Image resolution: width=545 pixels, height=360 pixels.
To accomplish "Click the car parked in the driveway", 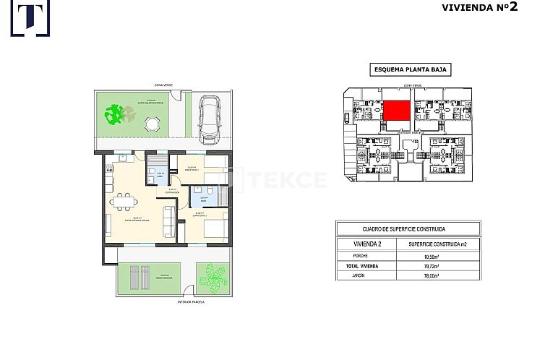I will click(210, 119).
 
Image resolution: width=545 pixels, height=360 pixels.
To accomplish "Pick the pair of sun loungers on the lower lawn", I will click(140, 276).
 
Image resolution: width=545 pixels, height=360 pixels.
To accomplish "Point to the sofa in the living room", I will click(169, 221).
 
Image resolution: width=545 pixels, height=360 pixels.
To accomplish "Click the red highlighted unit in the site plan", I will click(397, 111).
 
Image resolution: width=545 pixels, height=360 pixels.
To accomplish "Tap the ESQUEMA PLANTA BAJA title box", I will click(411, 70).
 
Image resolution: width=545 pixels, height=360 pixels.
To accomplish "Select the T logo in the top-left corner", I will click(30, 18).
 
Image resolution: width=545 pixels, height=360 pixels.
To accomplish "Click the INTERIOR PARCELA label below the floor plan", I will click(190, 302).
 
